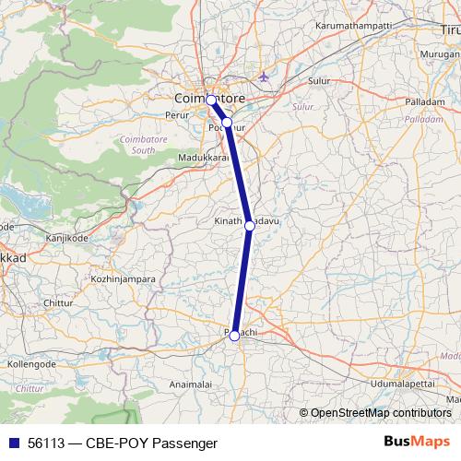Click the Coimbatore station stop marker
211,100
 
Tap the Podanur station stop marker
227,122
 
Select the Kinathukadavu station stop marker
249,225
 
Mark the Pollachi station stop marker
234,336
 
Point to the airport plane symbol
266,76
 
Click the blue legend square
12,443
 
